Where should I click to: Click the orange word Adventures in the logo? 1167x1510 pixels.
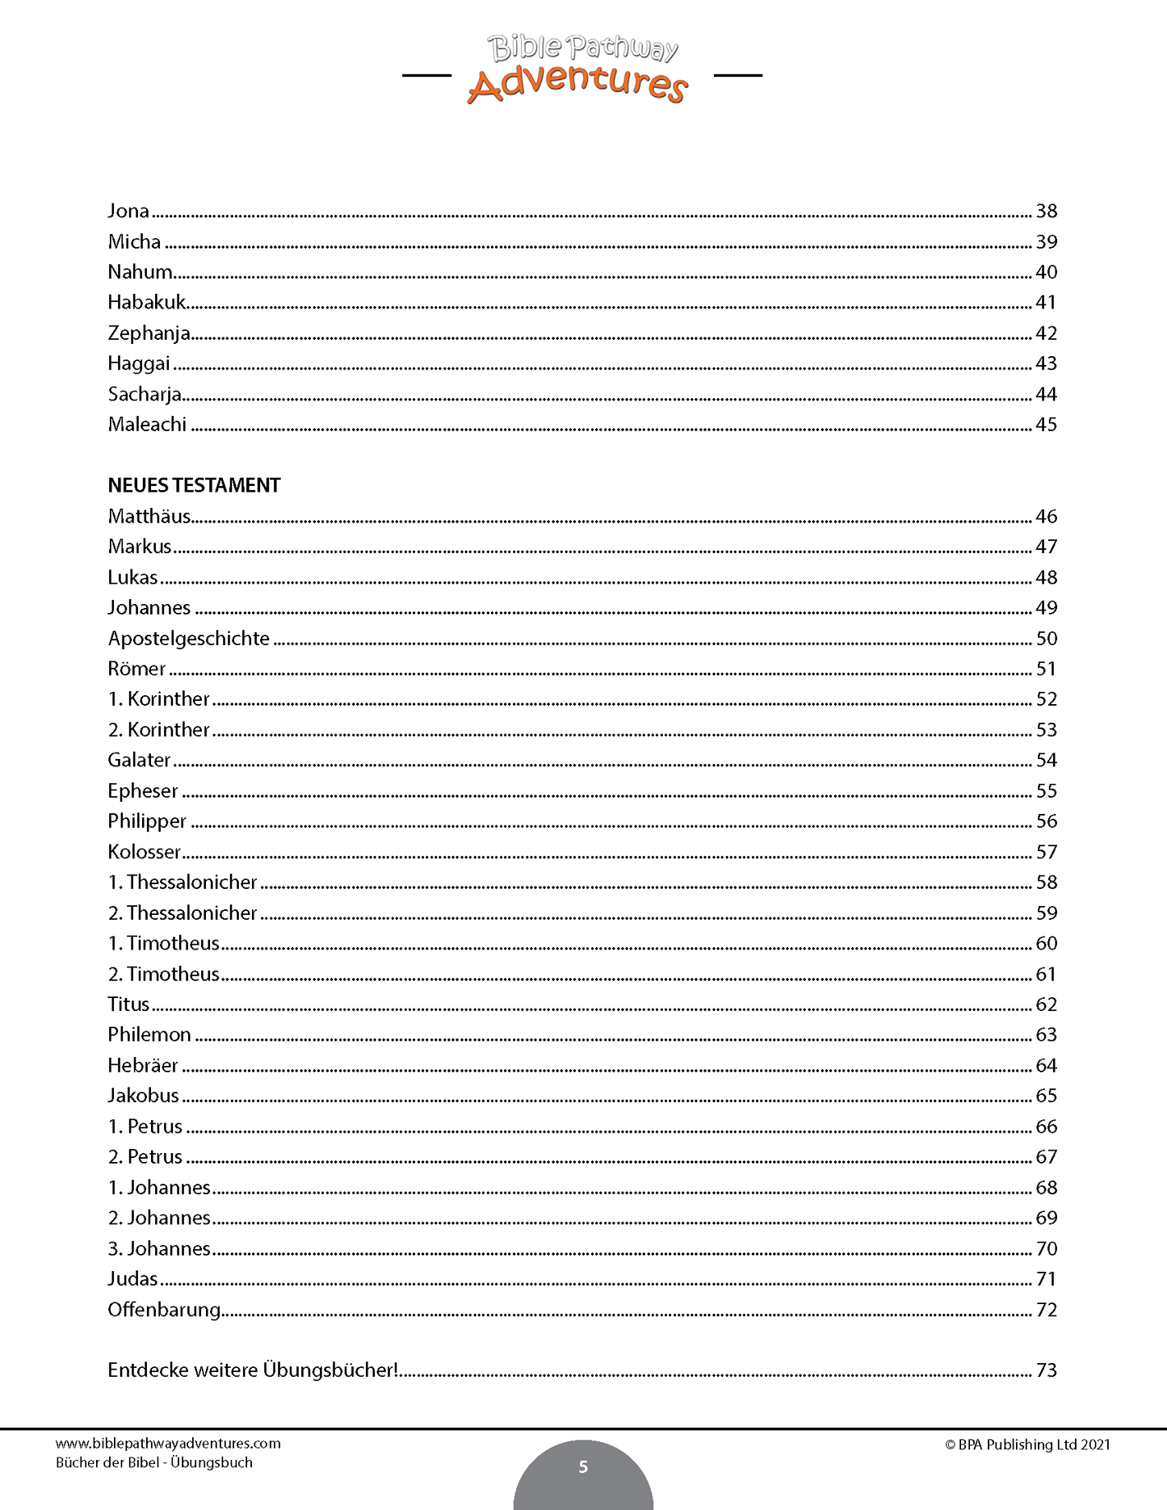pyautogui.click(x=577, y=84)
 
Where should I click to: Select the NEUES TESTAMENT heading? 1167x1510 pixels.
pyautogui.click(x=194, y=485)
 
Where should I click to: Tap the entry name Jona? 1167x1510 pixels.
pyautogui.click(x=128, y=212)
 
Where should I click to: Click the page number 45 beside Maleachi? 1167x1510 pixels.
pyautogui.click(x=1046, y=425)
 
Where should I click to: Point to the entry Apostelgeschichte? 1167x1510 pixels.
pyautogui.click(x=188, y=639)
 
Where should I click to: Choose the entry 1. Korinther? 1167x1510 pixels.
pyautogui.click(x=158, y=699)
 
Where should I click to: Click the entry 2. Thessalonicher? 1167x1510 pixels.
pyautogui.click(x=182, y=913)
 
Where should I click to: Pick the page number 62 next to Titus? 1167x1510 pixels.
pyautogui.click(x=1046, y=1005)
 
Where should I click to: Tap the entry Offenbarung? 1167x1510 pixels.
pyautogui.click(x=164, y=1310)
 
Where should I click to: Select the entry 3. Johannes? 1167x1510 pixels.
pyautogui.click(x=159, y=1249)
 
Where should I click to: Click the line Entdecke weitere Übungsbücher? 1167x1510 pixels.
pyautogui.click(x=253, y=1370)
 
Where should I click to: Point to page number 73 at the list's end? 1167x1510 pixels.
pyautogui.click(x=1046, y=1370)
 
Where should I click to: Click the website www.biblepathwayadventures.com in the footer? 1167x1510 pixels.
pyautogui.click(x=168, y=1444)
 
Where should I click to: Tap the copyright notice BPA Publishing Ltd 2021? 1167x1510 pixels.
pyautogui.click(x=1027, y=1445)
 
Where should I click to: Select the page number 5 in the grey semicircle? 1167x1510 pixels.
pyautogui.click(x=583, y=1467)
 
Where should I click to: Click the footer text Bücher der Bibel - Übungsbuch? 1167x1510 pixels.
pyautogui.click(x=154, y=1462)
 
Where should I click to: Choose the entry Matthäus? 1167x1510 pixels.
pyautogui.click(x=149, y=517)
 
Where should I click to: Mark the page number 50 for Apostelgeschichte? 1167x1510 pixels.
pyautogui.click(x=1046, y=639)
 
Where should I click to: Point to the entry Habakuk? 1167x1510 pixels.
pyautogui.click(x=147, y=303)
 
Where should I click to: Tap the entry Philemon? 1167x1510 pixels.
pyautogui.click(x=149, y=1035)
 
